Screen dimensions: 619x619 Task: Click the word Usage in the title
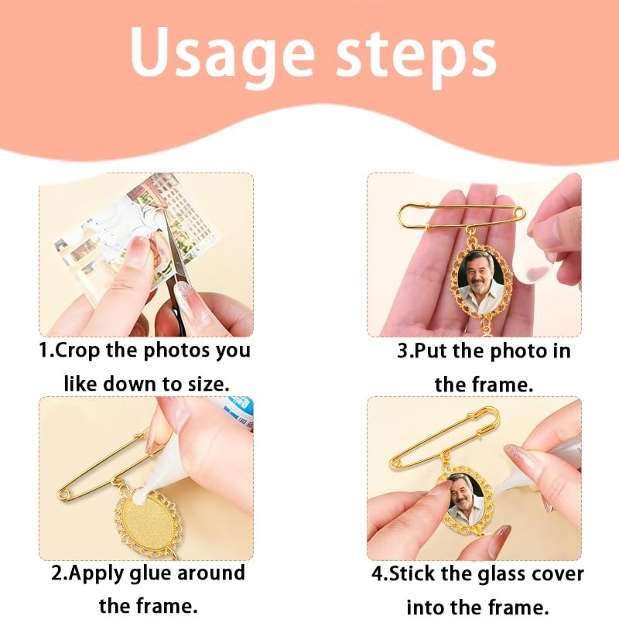[x=221, y=54]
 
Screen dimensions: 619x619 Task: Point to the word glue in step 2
[x=150, y=574]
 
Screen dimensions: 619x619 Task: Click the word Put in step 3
[x=429, y=351]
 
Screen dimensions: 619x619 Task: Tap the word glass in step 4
[x=501, y=574]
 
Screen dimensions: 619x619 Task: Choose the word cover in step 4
[x=556, y=574]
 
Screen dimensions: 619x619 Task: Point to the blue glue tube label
[x=236, y=412]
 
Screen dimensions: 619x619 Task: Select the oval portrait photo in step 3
[x=480, y=280]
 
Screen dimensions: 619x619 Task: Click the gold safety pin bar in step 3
[x=462, y=215]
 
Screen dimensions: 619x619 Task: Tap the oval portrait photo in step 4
[x=466, y=500]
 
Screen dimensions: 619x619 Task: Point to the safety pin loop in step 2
[x=64, y=494]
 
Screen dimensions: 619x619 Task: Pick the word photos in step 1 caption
[x=178, y=351]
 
